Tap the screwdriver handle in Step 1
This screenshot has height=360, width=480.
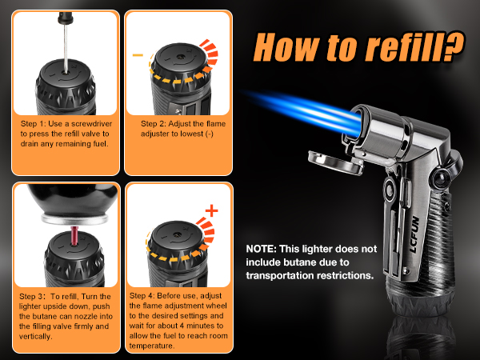(66, 18)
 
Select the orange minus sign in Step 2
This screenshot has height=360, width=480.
(138, 55)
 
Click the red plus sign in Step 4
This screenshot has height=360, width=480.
(211, 210)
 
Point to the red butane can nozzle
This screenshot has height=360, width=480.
(74, 236)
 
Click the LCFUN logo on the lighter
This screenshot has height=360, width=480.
(414, 234)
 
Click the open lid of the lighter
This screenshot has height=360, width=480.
(336, 162)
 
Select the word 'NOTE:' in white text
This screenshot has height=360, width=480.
(261, 249)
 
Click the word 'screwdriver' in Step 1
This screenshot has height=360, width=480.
(91, 124)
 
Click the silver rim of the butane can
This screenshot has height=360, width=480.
(74, 218)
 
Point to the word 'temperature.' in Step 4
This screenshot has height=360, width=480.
(152, 346)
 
